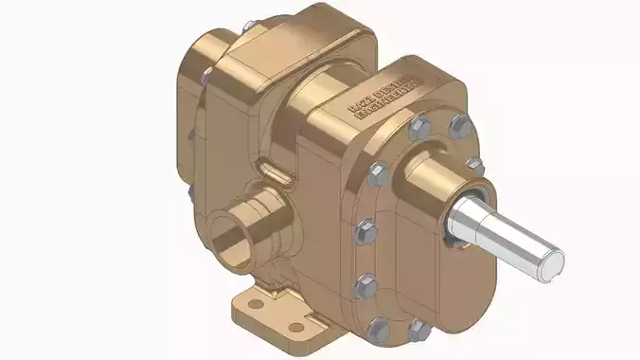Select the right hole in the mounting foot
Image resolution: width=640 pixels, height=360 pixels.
pyautogui.click(x=296, y=327)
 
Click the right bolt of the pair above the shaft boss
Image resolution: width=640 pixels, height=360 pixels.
pyautogui.click(x=460, y=124)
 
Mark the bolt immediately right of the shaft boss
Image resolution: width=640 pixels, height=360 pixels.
pyautogui.click(x=477, y=167)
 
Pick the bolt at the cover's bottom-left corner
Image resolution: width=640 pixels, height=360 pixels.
pyautogui.click(x=378, y=330)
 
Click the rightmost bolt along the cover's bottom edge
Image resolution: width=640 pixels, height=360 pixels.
pyautogui.click(x=418, y=329)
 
